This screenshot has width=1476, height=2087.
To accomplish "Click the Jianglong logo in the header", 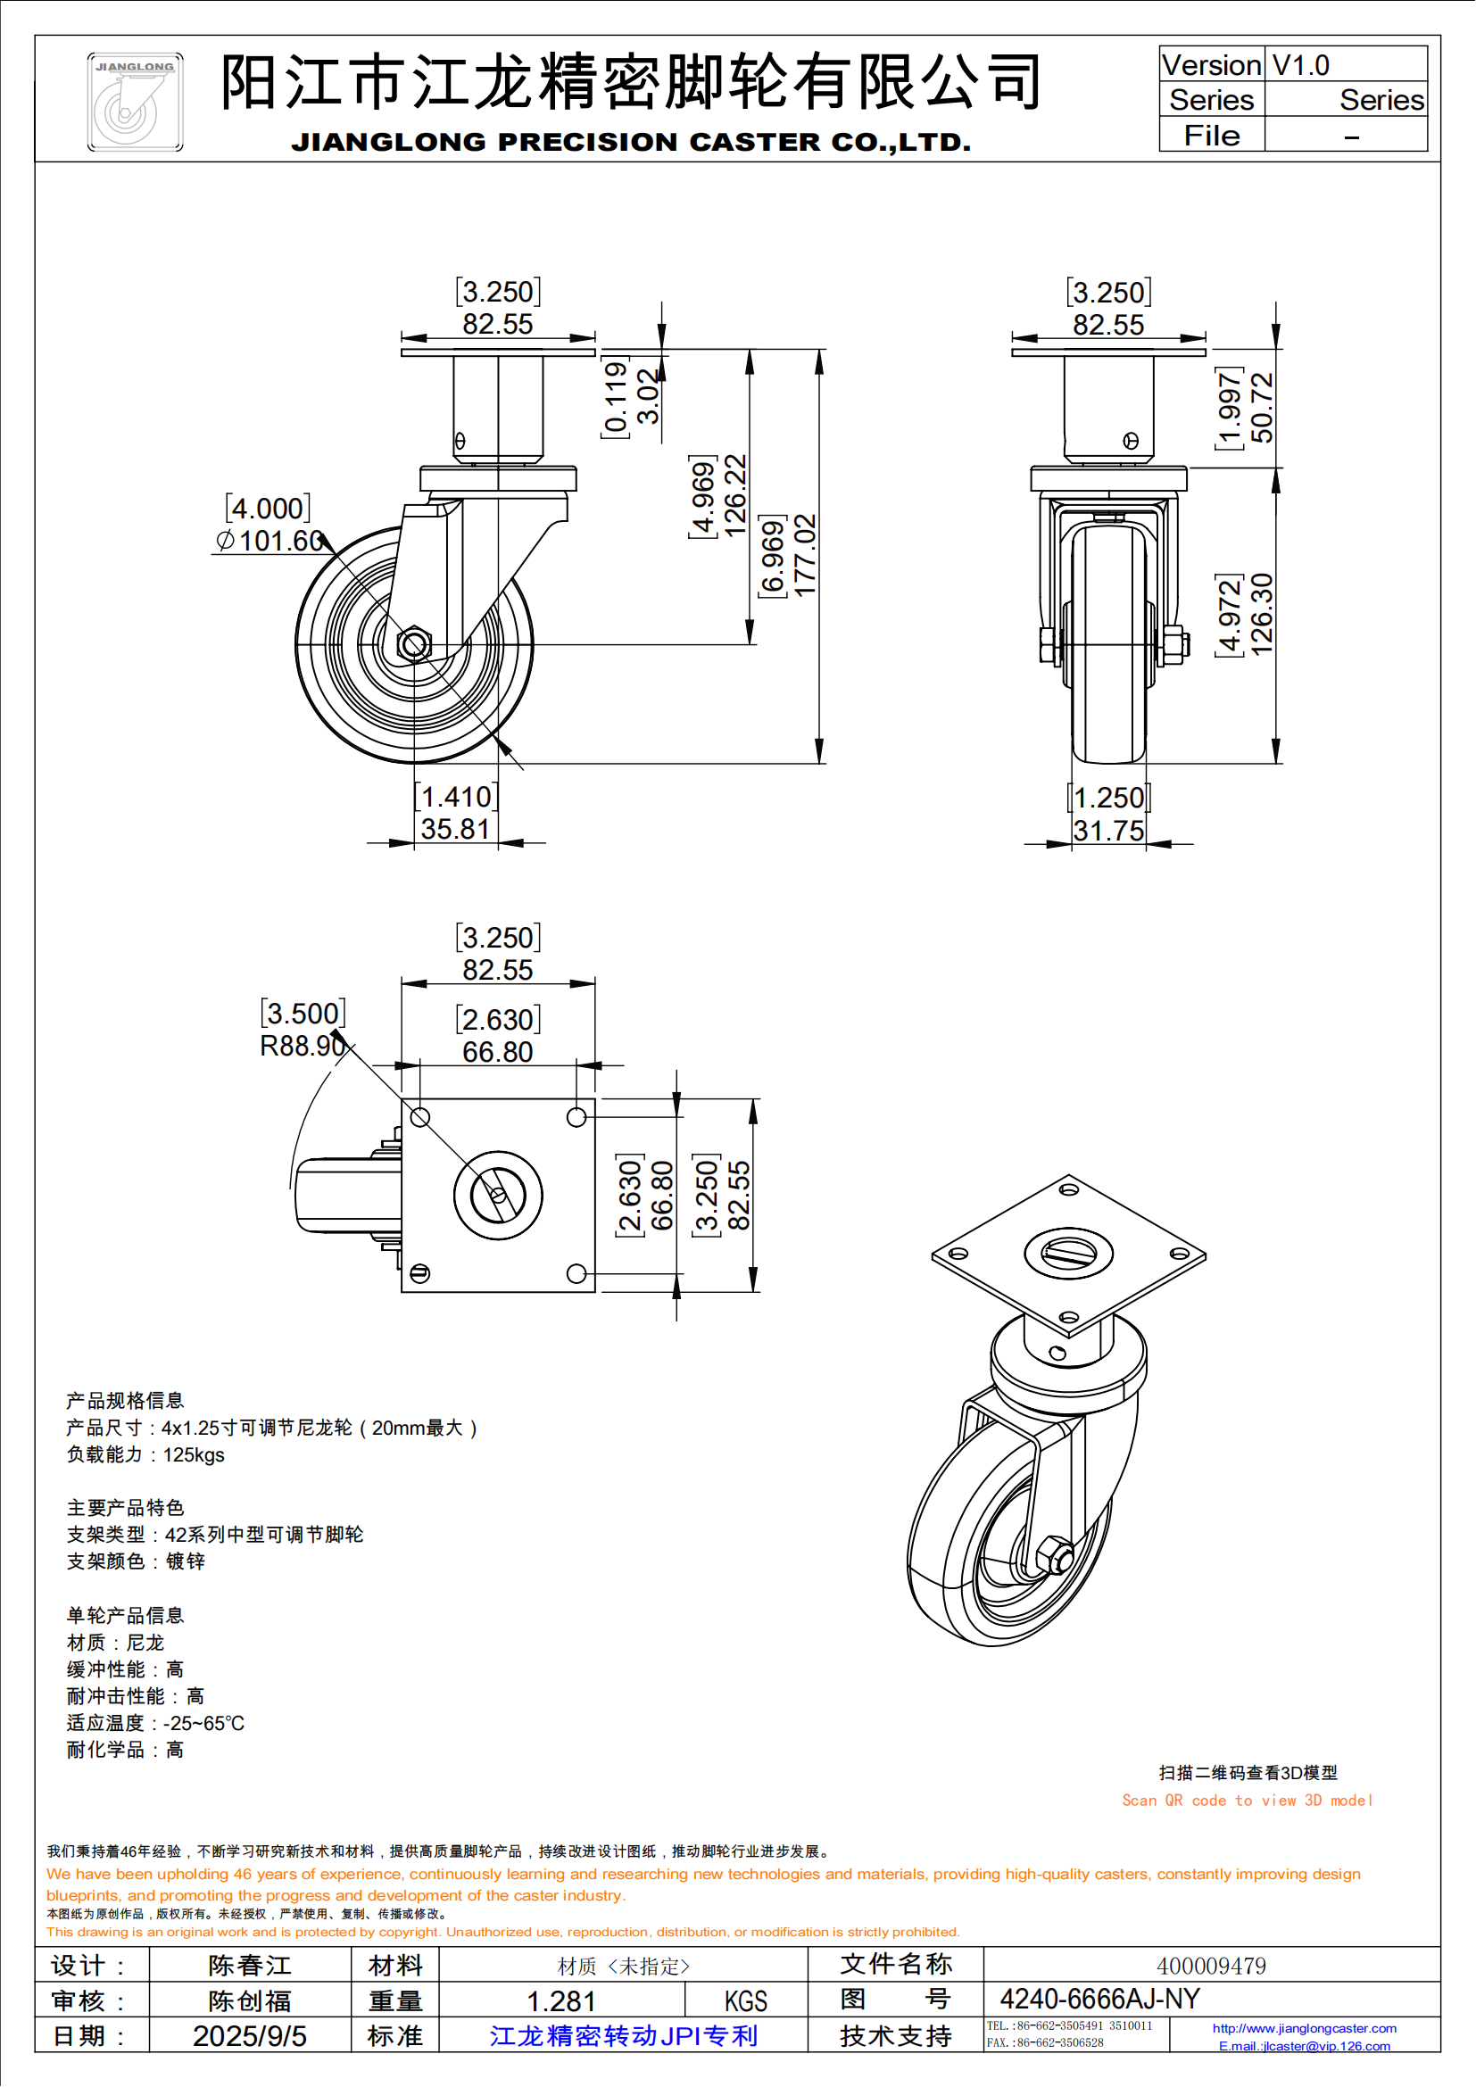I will click(135, 102).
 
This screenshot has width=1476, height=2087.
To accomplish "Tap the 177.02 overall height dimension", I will click(805, 554).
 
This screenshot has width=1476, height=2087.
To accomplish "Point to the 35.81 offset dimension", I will click(455, 829).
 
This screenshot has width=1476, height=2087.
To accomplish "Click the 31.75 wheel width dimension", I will click(1109, 830).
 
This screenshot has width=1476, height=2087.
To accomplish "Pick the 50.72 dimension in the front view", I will click(1263, 407).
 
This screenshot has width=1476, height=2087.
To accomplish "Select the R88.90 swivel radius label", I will click(302, 1046).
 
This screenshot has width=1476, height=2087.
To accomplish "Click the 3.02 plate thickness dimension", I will click(648, 396).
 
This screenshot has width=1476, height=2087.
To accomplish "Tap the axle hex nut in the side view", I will click(414, 644).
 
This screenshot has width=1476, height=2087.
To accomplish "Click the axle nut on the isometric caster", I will click(1054, 1556).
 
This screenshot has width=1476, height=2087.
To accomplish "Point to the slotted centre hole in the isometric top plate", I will click(1069, 1253).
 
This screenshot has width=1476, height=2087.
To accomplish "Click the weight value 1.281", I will click(561, 2001).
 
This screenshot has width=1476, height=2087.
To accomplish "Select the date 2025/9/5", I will click(249, 2036).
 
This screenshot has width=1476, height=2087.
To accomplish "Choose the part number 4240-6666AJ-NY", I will click(1099, 2000).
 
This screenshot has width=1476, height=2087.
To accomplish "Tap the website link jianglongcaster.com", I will click(1305, 2028).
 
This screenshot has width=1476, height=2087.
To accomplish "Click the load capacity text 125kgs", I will click(194, 1454).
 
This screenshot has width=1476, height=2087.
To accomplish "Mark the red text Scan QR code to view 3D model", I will click(1247, 1800).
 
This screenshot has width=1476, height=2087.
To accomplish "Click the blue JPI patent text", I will click(624, 2036).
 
